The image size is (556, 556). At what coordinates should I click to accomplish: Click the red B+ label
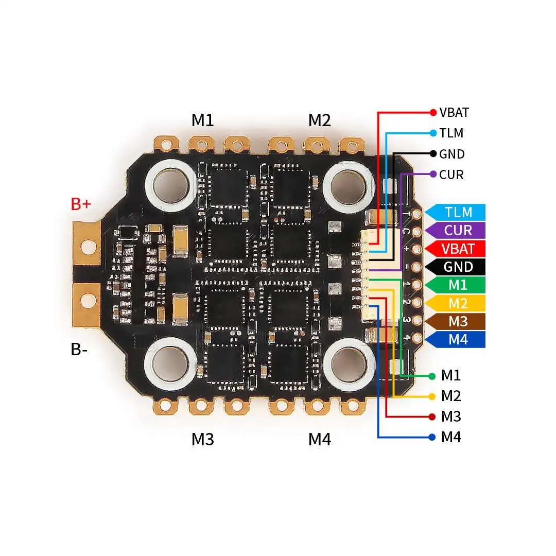click(x=81, y=204)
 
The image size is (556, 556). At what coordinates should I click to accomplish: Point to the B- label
click(x=79, y=350)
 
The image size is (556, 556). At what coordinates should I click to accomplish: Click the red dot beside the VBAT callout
click(x=433, y=112)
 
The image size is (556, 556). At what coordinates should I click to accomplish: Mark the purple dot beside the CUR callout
click(x=433, y=174)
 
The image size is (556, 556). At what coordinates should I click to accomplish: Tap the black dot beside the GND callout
click(x=433, y=153)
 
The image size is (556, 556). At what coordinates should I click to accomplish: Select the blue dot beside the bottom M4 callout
click(x=432, y=438)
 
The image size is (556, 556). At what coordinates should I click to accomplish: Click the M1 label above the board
click(x=202, y=120)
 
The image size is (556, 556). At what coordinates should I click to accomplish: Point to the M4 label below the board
click(x=319, y=439)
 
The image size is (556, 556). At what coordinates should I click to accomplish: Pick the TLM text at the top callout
click(x=451, y=133)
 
